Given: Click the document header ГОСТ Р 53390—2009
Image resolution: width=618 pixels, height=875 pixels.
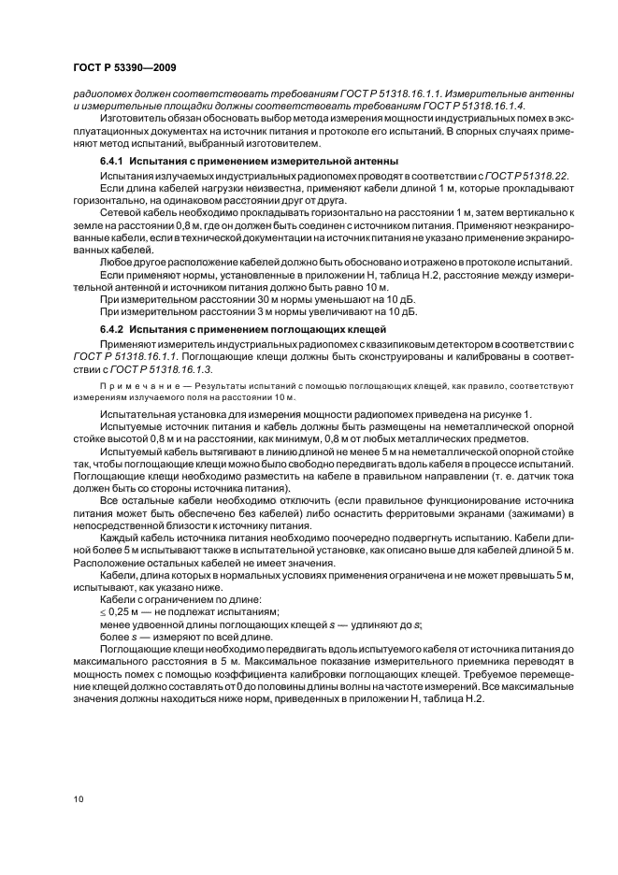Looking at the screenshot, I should pyautogui.click(x=123, y=67).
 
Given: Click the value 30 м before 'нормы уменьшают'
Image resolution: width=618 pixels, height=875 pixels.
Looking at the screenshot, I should pyautogui.click(x=221, y=298).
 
